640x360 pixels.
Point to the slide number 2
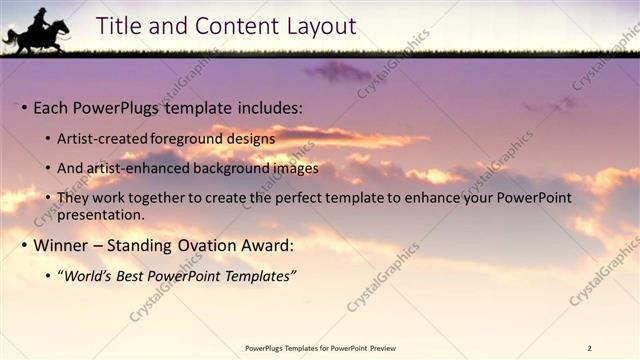coord(589,348)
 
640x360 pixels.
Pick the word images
coord(294,168)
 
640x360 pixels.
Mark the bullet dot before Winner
coord(24,245)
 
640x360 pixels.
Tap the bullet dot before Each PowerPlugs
coord(24,107)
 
